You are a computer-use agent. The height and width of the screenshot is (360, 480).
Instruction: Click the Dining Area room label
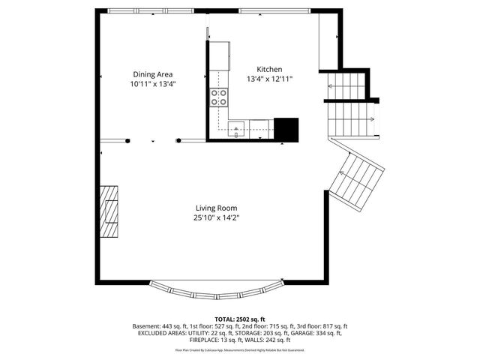(x=153, y=74)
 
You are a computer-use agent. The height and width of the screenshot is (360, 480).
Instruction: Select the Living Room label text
(x=217, y=208)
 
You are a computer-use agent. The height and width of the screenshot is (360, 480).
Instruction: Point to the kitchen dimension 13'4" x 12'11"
(x=269, y=79)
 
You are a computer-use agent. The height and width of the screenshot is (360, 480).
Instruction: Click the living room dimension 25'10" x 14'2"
(x=217, y=218)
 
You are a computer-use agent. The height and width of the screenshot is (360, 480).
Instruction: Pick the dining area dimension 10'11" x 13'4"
(x=153, y=85)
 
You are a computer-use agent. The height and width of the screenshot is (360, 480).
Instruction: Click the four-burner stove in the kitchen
(x=219, y=97)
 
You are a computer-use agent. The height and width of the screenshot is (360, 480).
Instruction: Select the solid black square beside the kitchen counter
(x=286, y=129)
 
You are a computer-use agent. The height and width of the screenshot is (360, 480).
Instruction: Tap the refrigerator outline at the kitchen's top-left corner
(x=220, y=53)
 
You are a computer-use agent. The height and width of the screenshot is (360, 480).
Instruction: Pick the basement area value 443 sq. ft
(x=177, y=327)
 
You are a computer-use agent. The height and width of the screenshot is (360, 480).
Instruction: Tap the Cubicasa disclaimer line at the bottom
(x=240, y=349)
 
